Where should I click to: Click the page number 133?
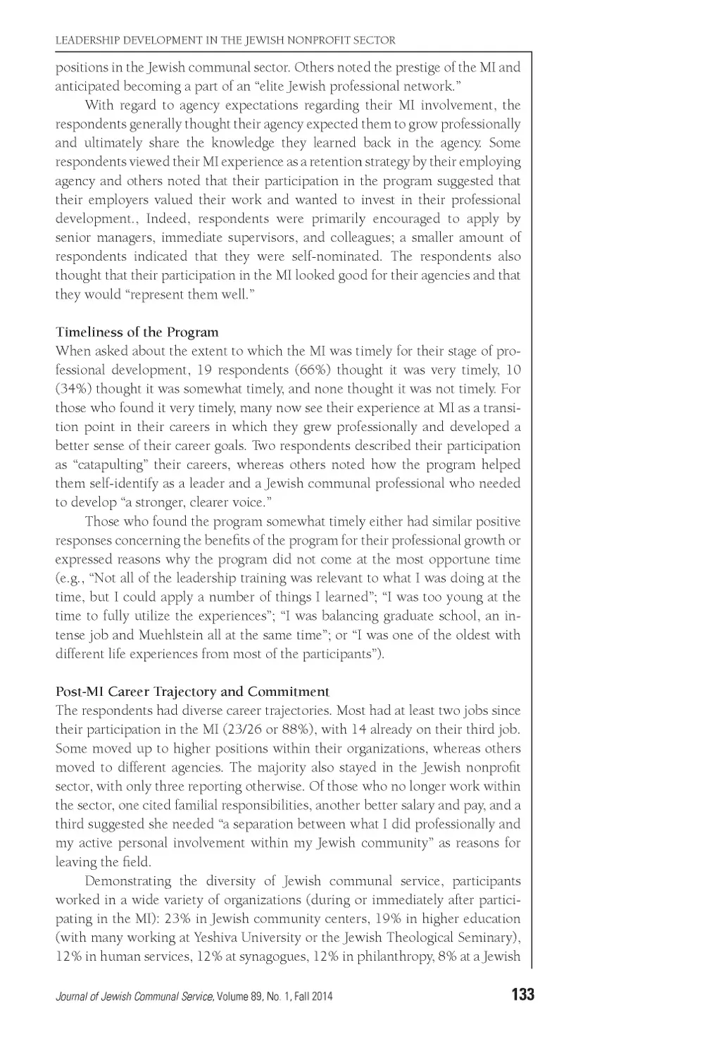523,994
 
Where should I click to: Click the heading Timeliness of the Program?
137,332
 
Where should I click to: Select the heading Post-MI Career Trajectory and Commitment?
192,692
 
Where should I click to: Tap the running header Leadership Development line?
225,40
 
